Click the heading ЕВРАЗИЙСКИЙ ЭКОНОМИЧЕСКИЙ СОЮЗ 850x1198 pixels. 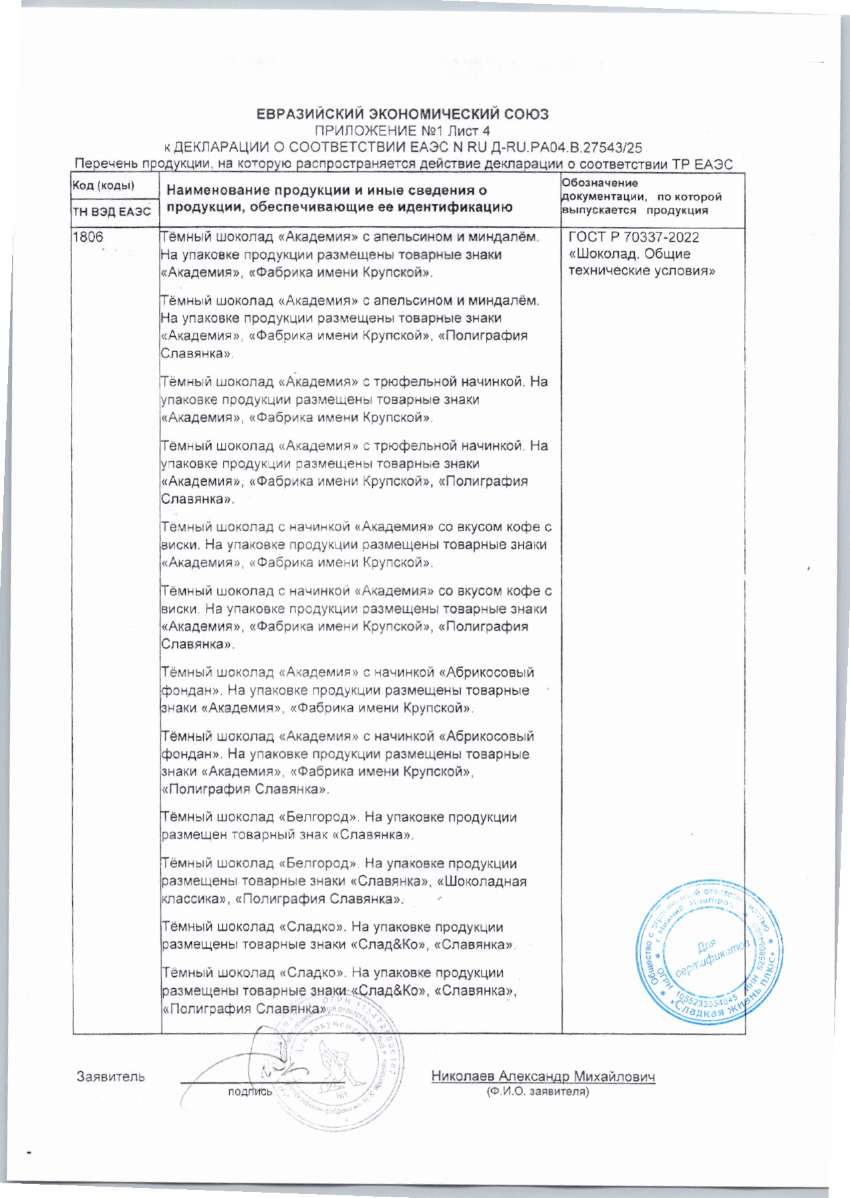[403, 114]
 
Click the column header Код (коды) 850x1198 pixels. [103, 186]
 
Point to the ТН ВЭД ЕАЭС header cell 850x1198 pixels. [112, 212]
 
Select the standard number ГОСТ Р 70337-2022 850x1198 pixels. [633, 237]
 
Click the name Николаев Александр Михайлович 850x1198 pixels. [543, 1076]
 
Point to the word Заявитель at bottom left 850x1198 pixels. [111, 1076]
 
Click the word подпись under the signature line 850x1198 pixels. [251, 1092]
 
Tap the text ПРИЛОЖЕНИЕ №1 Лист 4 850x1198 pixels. [402, 131]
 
